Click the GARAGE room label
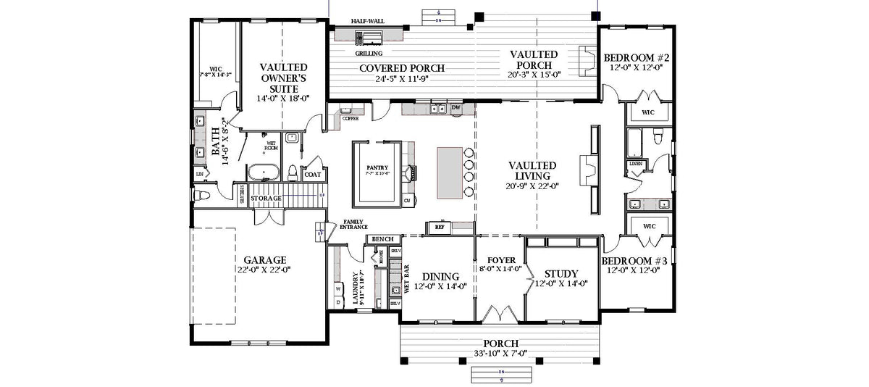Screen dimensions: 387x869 click(264, 259)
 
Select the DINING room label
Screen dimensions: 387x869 click(440, 276)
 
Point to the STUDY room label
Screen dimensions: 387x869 click(561, 274)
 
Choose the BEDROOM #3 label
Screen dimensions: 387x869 click(630, 259)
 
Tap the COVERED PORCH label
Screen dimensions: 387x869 click(402, 68)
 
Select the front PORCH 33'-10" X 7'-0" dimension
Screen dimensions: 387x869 click(500, 354)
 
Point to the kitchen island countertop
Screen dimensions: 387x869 click(450, 171)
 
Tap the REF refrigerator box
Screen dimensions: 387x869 click(439, 227)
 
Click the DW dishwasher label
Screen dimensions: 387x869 click(456, 108)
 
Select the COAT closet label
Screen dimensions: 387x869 click(313, 174)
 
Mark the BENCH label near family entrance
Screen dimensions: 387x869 click(382, 239)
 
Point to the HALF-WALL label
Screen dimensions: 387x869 click(367, 21)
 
